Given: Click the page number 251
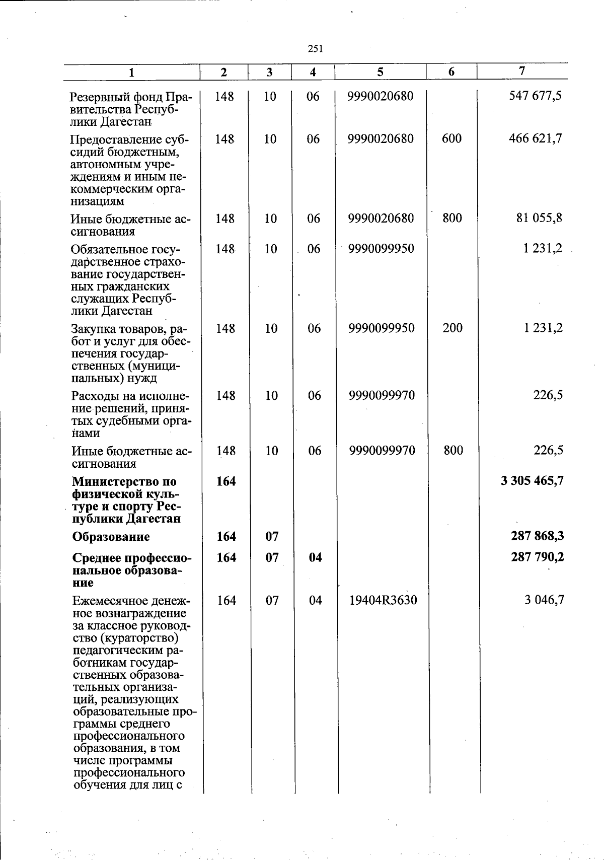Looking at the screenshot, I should click(315, 49).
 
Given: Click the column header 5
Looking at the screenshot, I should click(381, 72).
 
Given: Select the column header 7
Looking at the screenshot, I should click(522, 71).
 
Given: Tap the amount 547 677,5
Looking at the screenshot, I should click(535, 96).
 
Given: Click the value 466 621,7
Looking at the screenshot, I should click(535, 138).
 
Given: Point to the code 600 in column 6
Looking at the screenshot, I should click(451, 138).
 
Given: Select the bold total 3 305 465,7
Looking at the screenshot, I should click(532, 481).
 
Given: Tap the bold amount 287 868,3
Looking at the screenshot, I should click(537, 536).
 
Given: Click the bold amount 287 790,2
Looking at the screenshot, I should click(537, 557).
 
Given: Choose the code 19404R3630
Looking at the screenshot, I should click(383, 600).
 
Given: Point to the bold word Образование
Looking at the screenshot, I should click(111, 537).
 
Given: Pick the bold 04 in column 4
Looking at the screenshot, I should click(315, 557).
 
